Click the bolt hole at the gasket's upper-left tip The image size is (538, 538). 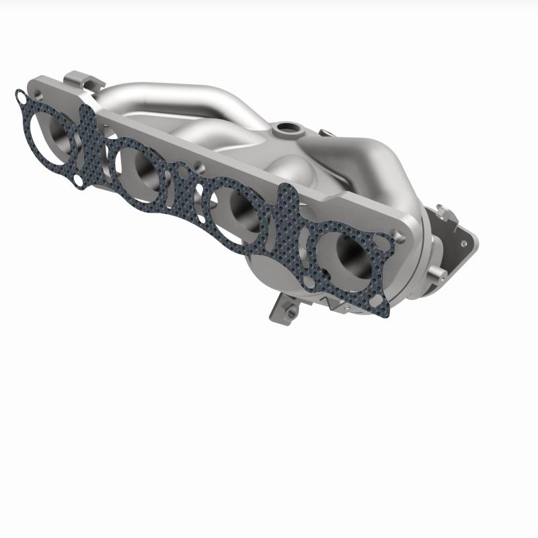[x=22, y=100]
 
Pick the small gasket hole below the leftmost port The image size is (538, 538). [x=79, y=180]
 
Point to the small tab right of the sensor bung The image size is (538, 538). [x=325, y=134]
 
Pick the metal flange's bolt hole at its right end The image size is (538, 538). [x=401, y=235]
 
